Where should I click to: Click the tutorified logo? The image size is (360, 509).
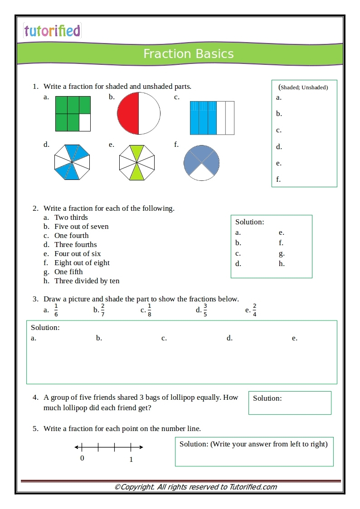52,31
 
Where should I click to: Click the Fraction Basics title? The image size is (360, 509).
189,54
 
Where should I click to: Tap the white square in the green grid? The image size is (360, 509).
85,122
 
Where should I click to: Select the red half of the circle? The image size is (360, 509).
128,113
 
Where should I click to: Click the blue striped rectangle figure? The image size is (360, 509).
212,118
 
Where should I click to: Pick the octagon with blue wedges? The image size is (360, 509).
72,162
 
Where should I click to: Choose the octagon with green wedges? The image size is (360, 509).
137,162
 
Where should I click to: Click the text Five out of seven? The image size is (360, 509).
82,227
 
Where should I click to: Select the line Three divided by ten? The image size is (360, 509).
87,281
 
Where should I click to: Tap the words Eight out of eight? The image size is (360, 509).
82,263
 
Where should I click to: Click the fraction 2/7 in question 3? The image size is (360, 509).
103,310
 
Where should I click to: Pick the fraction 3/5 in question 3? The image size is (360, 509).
205,310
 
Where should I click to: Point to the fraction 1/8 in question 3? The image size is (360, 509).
149,310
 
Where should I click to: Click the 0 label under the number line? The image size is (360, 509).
82,458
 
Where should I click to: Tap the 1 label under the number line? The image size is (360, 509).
131,459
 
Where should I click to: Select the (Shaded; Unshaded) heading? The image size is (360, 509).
303,87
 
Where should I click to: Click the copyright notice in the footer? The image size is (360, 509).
195,487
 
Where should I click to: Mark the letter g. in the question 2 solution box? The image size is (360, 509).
282,253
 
